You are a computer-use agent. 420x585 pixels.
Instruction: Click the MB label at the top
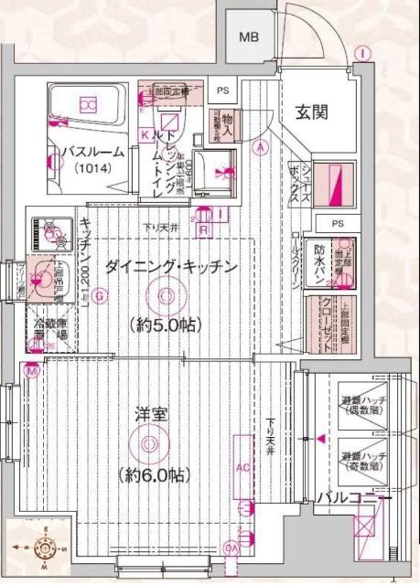tap(248, 37)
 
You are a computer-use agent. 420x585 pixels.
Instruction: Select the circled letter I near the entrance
tap(364, 52)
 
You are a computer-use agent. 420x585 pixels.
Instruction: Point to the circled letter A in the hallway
tap(261, 146)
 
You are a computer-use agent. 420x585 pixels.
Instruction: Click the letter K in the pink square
tap(145, 134)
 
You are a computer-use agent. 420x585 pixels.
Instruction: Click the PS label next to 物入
tap(223, 90)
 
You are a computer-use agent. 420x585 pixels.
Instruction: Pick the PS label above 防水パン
tap(338, 224)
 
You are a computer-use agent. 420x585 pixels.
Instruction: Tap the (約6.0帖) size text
tap(153, 475)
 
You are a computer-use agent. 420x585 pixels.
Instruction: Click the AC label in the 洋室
tap(242, 466)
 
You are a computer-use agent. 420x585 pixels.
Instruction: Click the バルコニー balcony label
tap(353, 497)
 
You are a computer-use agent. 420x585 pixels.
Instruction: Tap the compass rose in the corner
tap(40, 548)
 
